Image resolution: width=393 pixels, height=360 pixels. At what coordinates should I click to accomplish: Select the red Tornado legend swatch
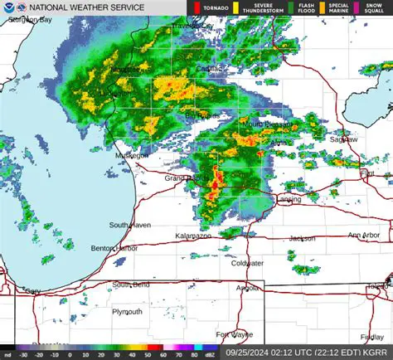197,7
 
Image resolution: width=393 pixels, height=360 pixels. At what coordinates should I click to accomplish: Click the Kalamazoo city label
192,236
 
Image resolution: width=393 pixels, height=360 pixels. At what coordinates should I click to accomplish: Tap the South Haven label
129,225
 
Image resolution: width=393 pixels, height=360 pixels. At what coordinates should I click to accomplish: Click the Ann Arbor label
364,236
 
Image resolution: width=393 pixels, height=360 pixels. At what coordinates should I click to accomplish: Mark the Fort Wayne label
235,334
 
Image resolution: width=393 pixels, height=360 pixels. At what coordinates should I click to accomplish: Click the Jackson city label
302,238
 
